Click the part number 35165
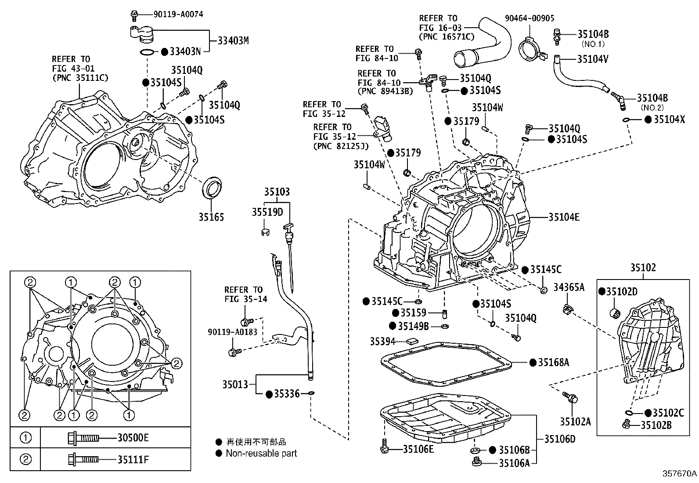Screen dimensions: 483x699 [x=211, y=217]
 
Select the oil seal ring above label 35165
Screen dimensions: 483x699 [x=212, y=186]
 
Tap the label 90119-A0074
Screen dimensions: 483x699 [x=178, y=15]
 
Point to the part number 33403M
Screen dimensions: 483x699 [x=233, y=41]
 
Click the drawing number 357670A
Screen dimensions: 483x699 [x=680, y=474]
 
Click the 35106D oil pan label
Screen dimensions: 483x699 [x=560, y=439]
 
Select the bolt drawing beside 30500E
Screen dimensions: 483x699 [x=83, y=438]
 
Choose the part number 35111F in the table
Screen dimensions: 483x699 [x=133, y=460]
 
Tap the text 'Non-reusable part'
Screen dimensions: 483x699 [x=261, y=453]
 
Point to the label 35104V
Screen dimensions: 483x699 [x=593, y=59]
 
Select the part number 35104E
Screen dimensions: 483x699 [x=564, y=217]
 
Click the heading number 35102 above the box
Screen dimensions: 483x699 [x=643, y=267]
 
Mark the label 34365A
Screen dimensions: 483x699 [x=569, y=287]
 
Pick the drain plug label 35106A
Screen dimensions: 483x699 [x=514, y=462]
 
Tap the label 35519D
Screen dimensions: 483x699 [x=267, y=212]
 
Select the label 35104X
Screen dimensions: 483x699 [x=669, y=119]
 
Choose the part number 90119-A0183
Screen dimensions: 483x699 [x=232, y=332]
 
